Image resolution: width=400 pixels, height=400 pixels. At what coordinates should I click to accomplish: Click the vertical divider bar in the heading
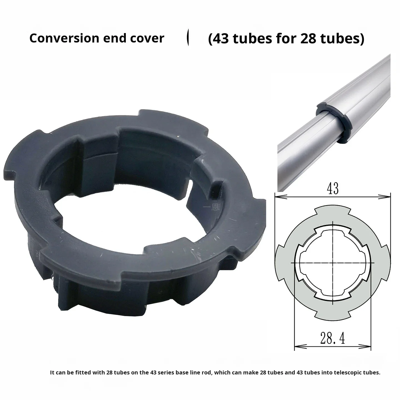click(188, 37)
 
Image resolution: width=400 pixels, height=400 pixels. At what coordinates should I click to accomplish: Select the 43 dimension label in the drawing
click(332, 189)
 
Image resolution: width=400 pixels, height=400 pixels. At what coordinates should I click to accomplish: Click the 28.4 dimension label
click(332, 338)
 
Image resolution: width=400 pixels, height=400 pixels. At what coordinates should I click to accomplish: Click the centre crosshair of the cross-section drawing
click(332, 262)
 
